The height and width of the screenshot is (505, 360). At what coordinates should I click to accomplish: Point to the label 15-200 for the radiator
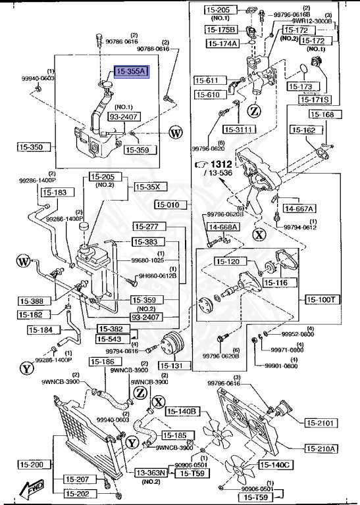pyautogui.click(x=31, y=465)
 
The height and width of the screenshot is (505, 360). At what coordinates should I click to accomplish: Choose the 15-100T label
pyautogui.click(x=322, y=299)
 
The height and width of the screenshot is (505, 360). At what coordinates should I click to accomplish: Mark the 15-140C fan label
pyautogui.click(x=276, y=465)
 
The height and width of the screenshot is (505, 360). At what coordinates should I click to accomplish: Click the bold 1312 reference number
pyautogui.click(x=222, y=164)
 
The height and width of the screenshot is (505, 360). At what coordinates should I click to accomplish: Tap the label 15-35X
pyautogui.click(x=147, y=187)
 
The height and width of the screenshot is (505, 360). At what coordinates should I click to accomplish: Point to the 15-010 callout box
pyautogui.click(x=171, y=204)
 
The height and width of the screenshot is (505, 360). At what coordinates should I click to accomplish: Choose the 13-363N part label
pyautogui.click(x=153, y=472)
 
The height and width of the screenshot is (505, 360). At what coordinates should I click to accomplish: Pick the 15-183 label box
pyautogui.click(x=55, y=193)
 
